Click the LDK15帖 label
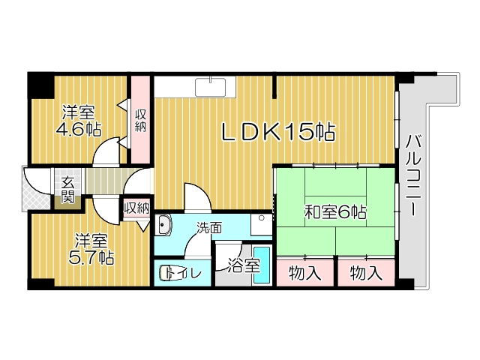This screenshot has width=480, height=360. coord(277,133)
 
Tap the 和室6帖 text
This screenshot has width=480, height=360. coord(334,212)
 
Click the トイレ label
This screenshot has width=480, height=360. coord(184,273)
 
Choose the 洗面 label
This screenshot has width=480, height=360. coord(209,226)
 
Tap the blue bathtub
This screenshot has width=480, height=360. coord(261,265)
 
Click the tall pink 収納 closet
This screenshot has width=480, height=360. coord(140,120)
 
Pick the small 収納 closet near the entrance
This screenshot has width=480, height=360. coord(136,208)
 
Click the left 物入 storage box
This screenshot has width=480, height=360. coord(305,272)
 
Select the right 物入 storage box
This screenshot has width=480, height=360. coord(365,272)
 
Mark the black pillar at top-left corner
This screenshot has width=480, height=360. coord(39,84)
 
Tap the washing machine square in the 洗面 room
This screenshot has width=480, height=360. coord(261,226)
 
